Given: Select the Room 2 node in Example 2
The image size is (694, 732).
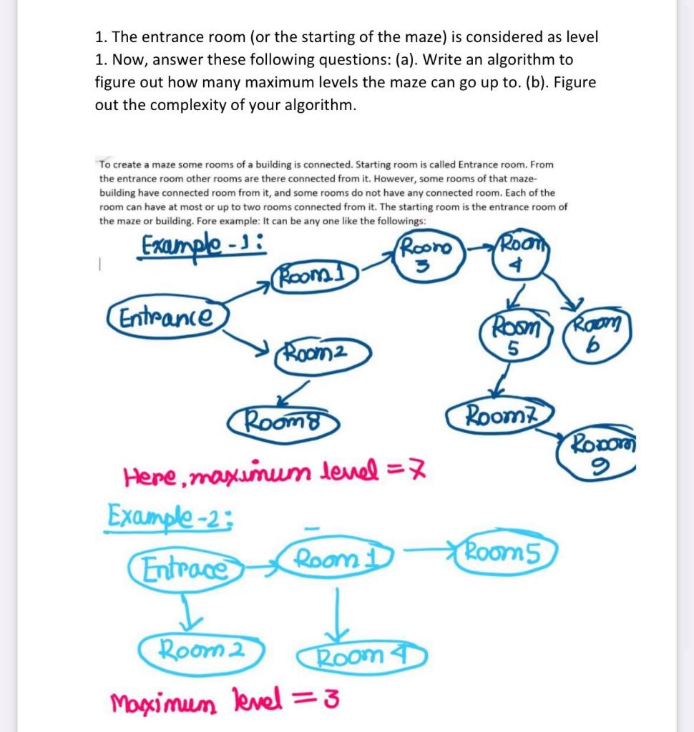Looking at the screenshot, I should point(202,651).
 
